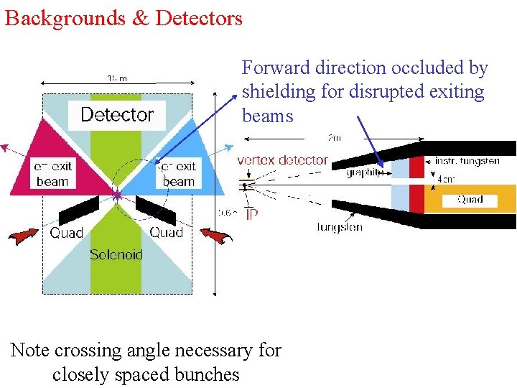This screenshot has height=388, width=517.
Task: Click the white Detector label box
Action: (117, 114)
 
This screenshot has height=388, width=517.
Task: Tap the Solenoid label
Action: (116, 254)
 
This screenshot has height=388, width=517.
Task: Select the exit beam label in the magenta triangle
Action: (52, 174)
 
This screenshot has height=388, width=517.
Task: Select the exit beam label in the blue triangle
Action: (179, 174)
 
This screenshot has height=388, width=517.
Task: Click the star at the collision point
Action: (117, 195)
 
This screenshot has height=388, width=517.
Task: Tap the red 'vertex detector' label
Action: (282, 160)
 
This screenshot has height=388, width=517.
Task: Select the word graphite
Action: (363, 172)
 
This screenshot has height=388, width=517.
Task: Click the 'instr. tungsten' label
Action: (467, 160)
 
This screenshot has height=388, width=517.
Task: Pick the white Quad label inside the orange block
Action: (470, 200)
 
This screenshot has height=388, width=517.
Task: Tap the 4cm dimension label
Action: (445, 180)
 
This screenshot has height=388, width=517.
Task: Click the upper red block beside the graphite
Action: (416, 167)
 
